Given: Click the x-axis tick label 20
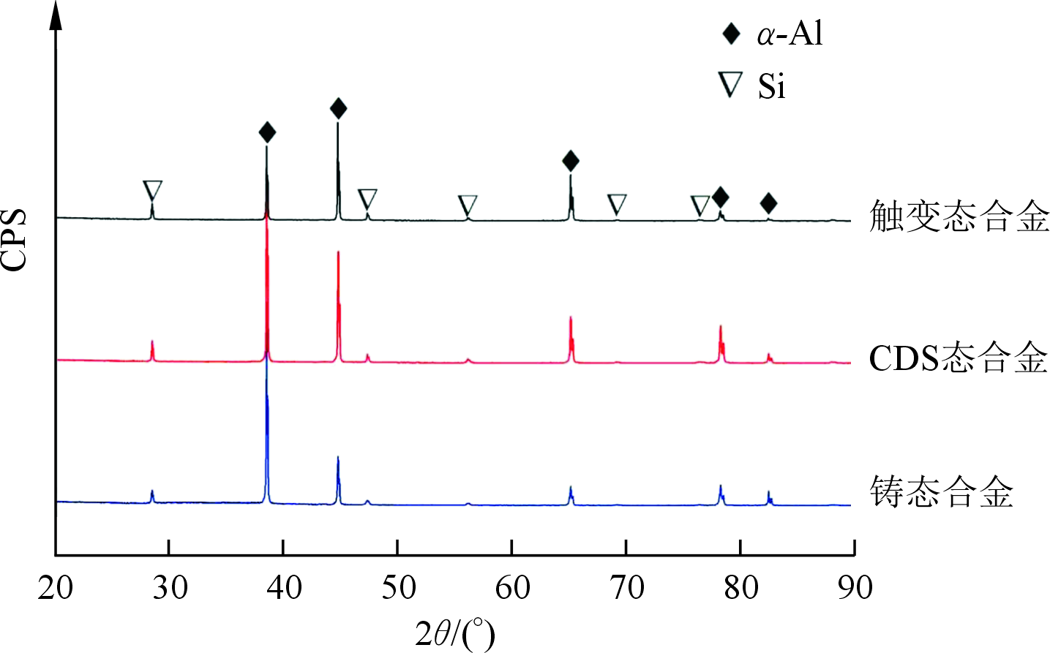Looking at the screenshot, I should pos(56,588).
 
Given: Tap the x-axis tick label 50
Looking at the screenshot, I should pos(398,588).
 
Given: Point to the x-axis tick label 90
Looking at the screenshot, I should pos(855,588).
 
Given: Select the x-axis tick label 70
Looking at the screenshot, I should pos(626,588).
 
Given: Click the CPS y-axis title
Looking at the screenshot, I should pos(14,241).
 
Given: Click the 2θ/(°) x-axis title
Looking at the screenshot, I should pos(455,633).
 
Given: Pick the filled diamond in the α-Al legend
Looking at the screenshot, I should pos(731,34).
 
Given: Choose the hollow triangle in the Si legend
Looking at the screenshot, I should pos(730,83).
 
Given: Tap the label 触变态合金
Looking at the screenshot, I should pos(959,216).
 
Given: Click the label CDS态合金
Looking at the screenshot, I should pos(959,358).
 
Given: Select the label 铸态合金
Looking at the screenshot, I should pos(942,491).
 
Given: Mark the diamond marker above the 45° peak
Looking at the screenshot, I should pos(338,109).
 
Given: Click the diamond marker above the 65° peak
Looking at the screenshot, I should pos(571,161).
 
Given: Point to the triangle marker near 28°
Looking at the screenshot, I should pos(152,190).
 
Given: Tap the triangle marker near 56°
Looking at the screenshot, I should pos(468,205).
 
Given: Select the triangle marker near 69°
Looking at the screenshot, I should pos(617,203).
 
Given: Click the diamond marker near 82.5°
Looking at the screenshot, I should pos(768,203).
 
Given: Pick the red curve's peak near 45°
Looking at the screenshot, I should pos(338,252).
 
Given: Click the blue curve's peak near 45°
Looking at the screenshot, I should pos(337,458).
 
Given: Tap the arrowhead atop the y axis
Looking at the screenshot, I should pos(56,15).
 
